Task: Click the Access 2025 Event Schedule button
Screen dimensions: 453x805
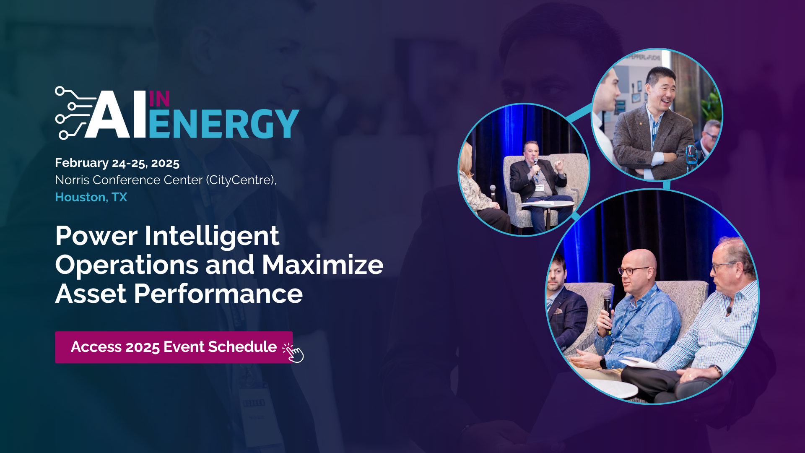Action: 174,347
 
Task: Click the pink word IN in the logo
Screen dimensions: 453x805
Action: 159,99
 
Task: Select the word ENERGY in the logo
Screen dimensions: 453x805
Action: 224,124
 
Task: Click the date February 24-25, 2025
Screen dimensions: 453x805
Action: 117,163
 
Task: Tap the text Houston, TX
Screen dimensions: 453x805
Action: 91,197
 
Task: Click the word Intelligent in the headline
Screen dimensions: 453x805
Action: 212,236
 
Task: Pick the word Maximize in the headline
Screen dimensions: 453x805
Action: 322,265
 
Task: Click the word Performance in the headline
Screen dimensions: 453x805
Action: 218,294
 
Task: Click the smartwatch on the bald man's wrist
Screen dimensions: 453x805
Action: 603,362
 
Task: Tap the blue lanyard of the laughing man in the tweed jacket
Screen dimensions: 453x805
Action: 654,130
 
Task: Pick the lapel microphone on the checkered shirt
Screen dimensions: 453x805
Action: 729,311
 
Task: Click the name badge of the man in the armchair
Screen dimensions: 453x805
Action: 538,187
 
